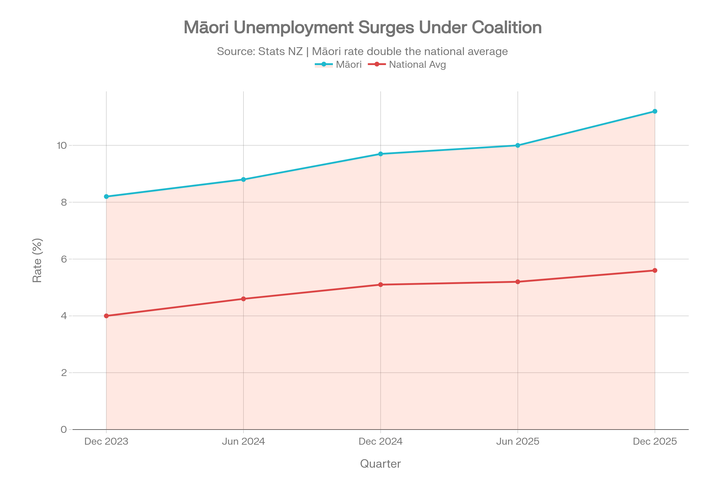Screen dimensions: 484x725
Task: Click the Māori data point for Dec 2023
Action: [x=106, y=197]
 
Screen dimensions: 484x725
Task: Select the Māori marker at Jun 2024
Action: [x=243, y=179]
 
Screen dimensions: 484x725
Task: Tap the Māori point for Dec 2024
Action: [x=381, y=154]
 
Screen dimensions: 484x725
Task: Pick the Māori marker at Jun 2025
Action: [x=518, y=146]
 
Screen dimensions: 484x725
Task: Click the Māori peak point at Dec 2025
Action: [x=655, y=111]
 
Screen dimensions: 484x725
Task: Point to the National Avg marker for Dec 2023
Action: [x=106, y=316]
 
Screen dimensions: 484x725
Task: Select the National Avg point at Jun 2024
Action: [x=243, y=299]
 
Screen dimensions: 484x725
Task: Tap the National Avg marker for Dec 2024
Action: [x=381, y=285]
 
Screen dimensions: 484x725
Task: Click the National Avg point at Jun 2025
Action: [x=518, y=282]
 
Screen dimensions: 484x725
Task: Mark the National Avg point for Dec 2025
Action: [x=655, y=270]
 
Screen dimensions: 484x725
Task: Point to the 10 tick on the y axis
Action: [x=62, y=146]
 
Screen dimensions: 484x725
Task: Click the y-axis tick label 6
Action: [x=64, y=259]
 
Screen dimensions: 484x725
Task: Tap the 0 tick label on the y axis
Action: [x=64, y=429]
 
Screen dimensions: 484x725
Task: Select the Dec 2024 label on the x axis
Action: [x=381, y=441]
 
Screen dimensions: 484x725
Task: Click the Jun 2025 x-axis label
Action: [x=518, y=441]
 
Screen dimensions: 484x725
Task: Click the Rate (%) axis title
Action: [x=37, y=260]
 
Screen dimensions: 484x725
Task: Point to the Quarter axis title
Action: [x=380, y=464]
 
